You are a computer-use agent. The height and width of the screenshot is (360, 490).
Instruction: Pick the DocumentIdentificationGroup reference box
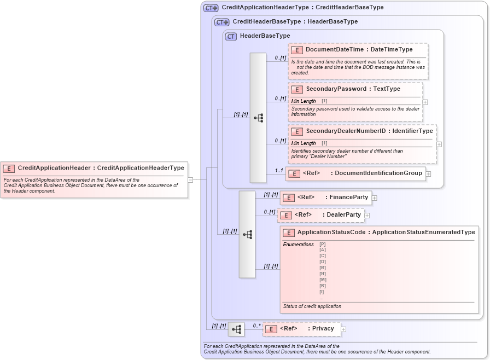[355, 173]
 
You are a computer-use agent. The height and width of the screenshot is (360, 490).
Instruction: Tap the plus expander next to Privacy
[343, 329]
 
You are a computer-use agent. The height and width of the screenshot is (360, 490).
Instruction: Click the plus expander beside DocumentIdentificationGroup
[428, 174]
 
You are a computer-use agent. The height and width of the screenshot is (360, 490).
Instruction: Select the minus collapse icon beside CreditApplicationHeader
[190, 179]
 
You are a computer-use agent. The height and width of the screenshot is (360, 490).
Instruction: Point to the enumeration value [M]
[323, 280]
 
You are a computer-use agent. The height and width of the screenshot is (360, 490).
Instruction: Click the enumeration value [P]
[323, 244]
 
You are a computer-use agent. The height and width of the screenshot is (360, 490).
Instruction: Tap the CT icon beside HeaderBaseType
[231, 36]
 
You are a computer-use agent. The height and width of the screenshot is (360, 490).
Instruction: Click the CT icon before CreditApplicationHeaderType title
[211, 8]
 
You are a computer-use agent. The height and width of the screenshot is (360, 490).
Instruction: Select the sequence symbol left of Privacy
[236, 329]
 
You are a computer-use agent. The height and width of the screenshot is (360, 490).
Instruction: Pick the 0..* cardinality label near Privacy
[256, 326]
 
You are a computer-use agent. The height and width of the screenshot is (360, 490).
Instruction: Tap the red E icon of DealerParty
[285, 215]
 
